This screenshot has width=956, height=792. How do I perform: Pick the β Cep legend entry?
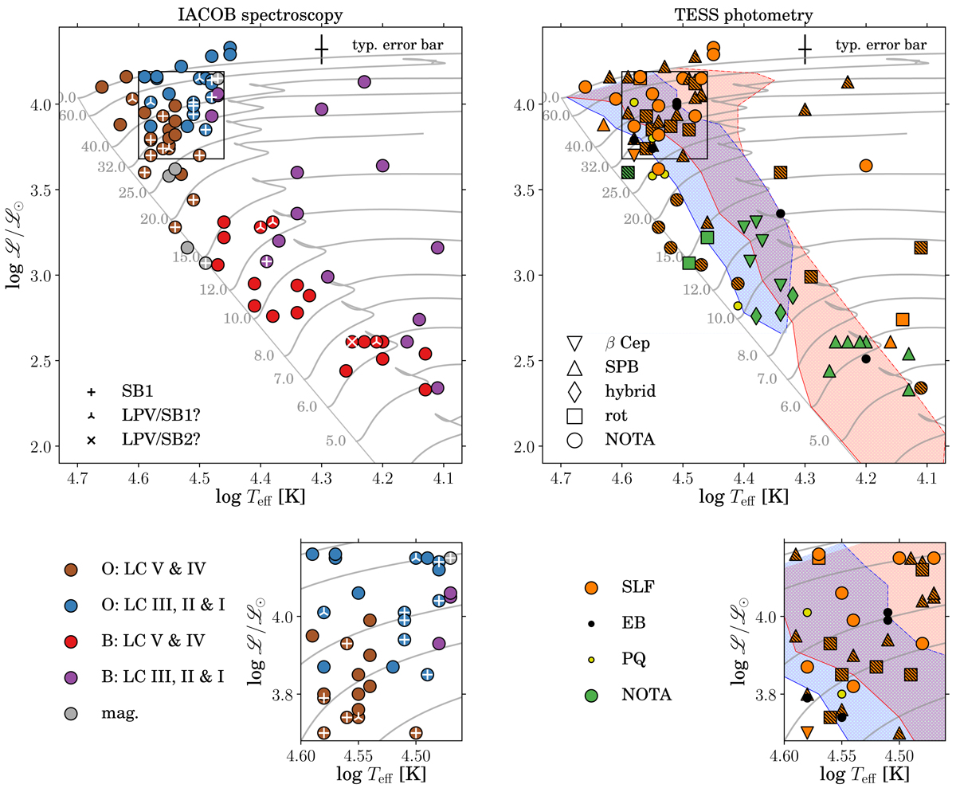(626, 343)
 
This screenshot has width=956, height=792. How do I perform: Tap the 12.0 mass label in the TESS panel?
(684, 289)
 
